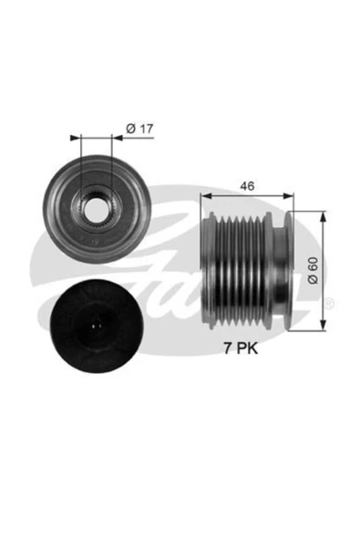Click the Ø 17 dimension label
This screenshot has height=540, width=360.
(138, 129)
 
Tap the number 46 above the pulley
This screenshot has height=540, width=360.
(244, 185)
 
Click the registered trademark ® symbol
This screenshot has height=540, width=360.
(329, 302)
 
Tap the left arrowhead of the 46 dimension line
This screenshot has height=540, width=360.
(205, 194)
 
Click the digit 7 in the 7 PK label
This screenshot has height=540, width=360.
(231, 348)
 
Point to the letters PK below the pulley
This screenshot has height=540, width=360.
(251, 348)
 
